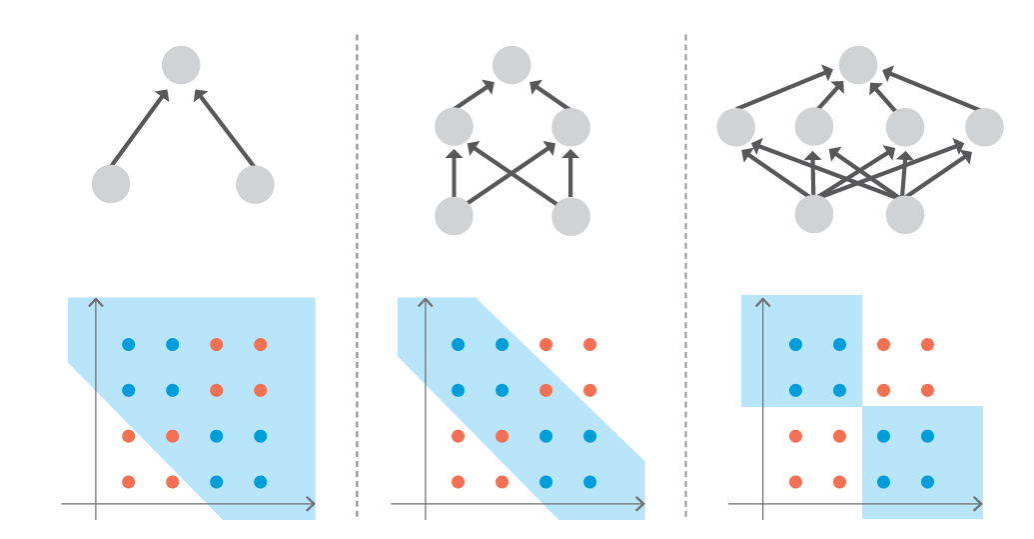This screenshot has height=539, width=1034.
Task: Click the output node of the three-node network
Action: (x=181, y=65)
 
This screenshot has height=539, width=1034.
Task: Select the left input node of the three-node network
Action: (x=111, y=184)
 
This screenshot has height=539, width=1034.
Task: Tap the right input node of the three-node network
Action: (x=255, y=184)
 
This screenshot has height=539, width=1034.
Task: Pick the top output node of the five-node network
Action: (x=512, y=65)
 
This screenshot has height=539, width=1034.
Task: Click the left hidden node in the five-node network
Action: (x=454, y=127)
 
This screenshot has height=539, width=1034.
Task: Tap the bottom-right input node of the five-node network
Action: (x=570, y=216)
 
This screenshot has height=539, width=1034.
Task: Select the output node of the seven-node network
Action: (x=857, y=65)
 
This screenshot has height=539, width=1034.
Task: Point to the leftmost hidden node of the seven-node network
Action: (x=736, y=127)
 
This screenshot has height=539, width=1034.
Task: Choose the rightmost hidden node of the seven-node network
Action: (x=984, y=127)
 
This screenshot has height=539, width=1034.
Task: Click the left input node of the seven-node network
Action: (x=814, y=214)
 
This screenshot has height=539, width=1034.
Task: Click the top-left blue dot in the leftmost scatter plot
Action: (x=128, y=345)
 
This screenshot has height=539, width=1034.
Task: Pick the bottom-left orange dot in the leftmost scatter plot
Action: (x=128, y=482)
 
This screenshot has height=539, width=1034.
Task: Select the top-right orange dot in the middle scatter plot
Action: (x=589, y=345)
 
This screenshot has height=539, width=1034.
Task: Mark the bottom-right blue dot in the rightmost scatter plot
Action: (x=927, y=482)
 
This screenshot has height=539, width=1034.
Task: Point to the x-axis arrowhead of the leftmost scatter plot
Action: (x=311, y=504)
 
